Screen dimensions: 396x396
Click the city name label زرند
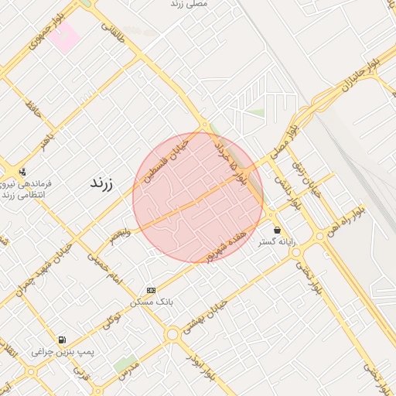(x=102, y=183)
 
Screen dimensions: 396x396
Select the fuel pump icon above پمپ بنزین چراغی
(x=62, y=340)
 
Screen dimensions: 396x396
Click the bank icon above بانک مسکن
(x=151, y=290)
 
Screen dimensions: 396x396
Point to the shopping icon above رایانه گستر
(x=277, y=230)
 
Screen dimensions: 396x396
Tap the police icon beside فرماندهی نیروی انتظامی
(x=22, y=172)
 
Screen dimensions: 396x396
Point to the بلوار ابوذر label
(x=197, y=363)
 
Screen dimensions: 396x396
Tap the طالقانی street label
(x=112, y=32)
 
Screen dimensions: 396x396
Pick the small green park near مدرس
(x=124, y=364)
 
